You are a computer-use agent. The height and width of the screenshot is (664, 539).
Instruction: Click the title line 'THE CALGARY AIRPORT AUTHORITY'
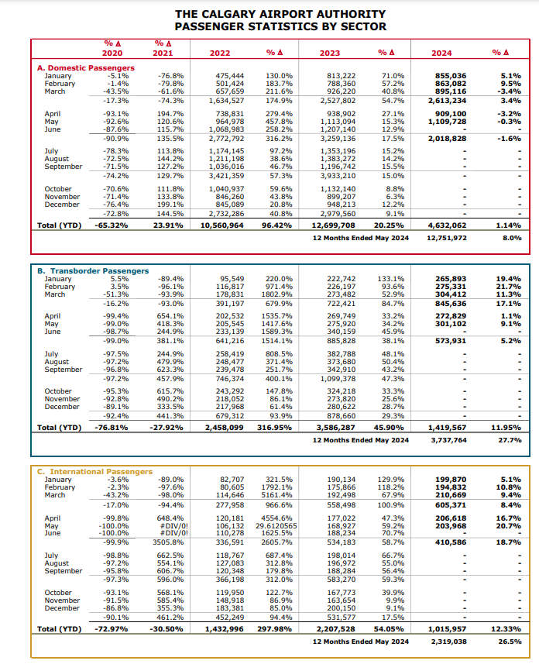pyautogui.click(x=280, y=14)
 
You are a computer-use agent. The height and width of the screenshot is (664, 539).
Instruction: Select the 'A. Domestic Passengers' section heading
pyautogui.click(x=85, y=67)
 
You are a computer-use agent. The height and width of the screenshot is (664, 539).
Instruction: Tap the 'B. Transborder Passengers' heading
pyautogui.click(x=93, y=270)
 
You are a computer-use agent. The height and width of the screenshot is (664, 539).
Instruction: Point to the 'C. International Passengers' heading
pyautogui.click(x=94, y=471)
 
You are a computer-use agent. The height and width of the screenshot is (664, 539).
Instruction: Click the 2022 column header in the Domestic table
pyautogui.click(x=220, y=53)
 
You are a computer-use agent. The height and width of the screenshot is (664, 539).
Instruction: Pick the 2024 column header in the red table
pyautogui.click(x=441, y=53)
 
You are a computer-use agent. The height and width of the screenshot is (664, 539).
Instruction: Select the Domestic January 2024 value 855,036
pyautogui.click(x=451, y=76)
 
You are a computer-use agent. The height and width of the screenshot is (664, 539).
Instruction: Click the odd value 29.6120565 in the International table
pyautogui.click(x=276, y=526)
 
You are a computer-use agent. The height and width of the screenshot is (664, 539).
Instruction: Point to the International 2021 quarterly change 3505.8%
pyautogui.click(x=168, y=542)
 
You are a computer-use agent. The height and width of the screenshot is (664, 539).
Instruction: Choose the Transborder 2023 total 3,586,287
pyautogui.click(x=336, y=428)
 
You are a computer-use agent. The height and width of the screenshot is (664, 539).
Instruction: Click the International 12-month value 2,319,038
pyautogui.click(x=449, y=642)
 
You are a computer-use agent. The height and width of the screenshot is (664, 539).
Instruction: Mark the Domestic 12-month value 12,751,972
pyautogui.click(x=447, y=238)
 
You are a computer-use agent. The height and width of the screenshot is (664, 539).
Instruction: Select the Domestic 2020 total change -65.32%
pyautogui.click(x=112, y=225)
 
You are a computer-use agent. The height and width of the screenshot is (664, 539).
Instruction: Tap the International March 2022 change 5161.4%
pyautogui.click(x=277, y=495)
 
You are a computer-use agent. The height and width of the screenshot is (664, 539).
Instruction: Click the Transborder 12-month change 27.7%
pyautogui.click(x=510, y=440)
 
